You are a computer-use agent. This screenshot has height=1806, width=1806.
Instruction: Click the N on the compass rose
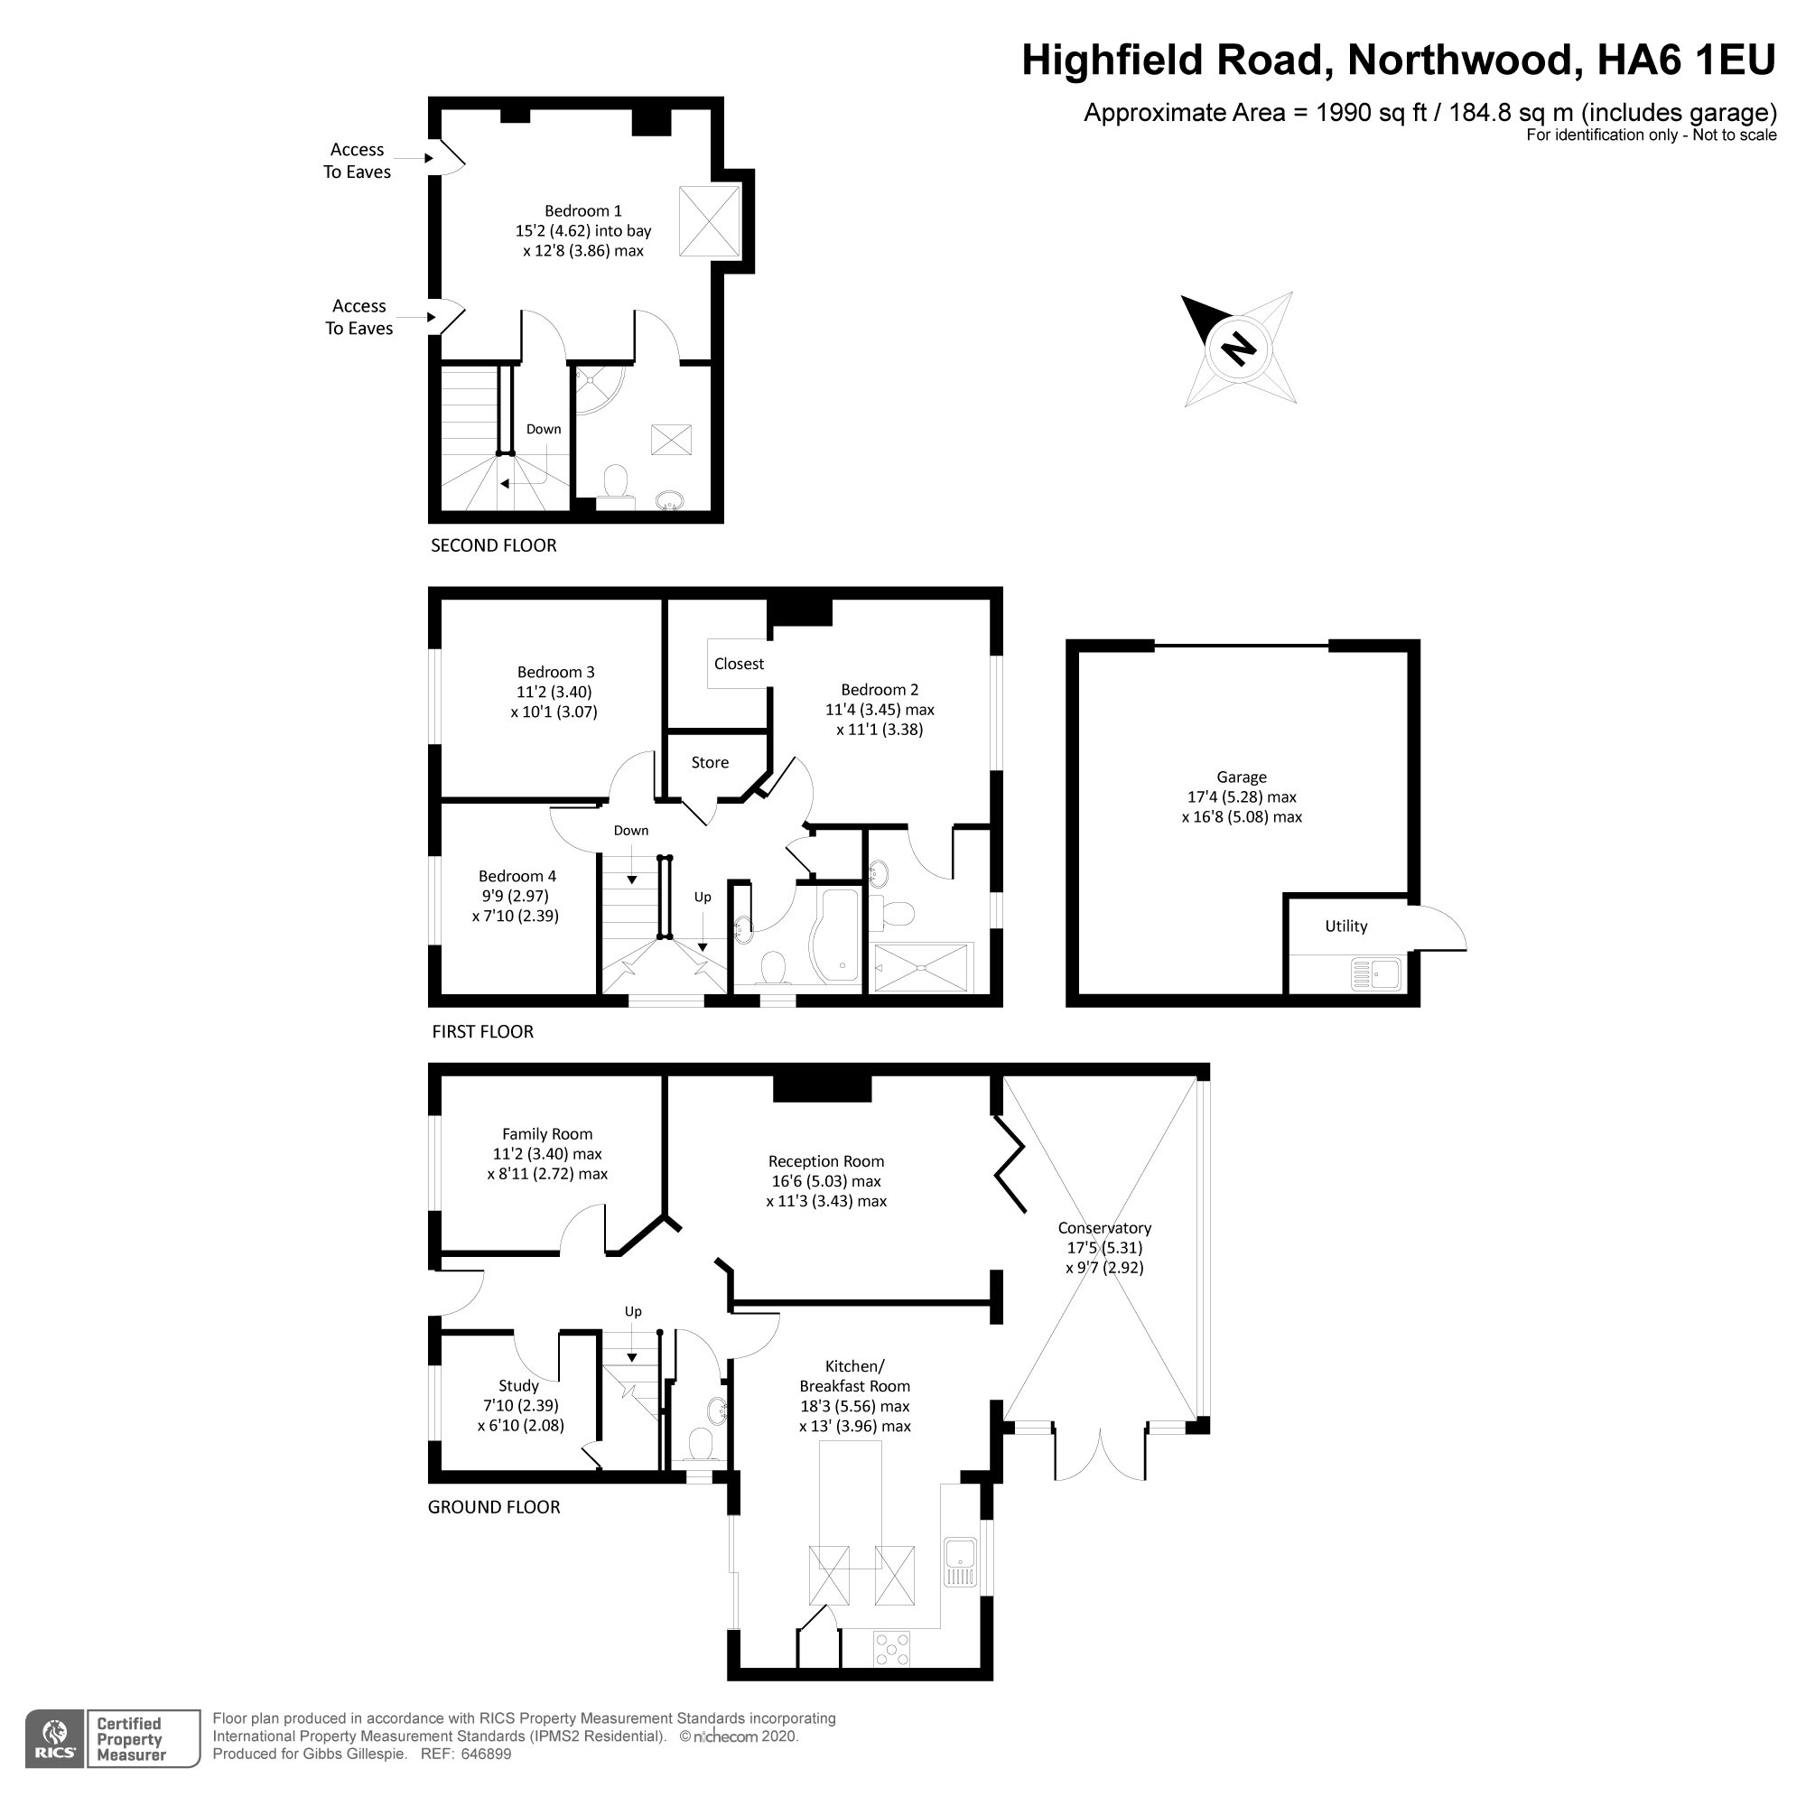1240,349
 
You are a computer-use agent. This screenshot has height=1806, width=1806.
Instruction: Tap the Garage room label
1242,777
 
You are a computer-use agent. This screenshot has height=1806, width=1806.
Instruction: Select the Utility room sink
1376,974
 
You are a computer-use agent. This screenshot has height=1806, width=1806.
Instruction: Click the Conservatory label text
1104,1227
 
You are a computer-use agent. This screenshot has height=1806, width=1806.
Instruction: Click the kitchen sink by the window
960,1562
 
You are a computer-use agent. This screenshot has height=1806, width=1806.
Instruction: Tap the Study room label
519,1385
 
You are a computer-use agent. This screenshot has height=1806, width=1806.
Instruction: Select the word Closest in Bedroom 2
739,664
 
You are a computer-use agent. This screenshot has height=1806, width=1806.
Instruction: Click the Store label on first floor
710,763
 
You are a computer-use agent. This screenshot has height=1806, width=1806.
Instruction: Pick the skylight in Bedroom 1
710,221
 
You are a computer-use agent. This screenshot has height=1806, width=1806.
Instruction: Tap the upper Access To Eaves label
357,161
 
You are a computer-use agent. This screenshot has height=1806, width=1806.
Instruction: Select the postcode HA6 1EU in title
1685,61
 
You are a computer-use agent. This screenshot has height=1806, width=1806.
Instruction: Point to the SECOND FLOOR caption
494,545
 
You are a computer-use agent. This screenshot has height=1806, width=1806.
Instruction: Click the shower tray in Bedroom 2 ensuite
922,967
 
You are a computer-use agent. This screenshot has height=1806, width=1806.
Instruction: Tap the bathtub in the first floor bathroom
838,935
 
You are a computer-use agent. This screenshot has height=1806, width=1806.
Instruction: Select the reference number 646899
479,1754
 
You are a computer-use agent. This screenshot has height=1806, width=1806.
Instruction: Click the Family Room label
547,1134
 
